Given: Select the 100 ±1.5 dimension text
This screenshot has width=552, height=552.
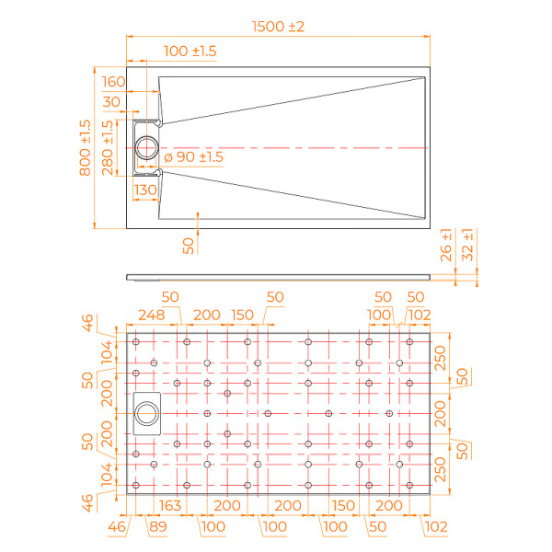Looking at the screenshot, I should click(190, 52).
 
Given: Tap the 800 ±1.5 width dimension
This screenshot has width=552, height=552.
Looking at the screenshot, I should click(85, 147).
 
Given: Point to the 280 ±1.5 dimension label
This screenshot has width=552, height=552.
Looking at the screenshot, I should click(109, 147).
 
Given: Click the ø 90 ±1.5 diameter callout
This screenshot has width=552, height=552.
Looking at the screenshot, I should click(193, 157).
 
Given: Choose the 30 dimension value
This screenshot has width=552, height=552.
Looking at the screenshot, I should click(112, 101).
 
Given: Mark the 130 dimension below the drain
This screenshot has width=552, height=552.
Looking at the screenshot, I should click(145, 190).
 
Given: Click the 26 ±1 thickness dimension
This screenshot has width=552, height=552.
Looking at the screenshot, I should click(447, 245).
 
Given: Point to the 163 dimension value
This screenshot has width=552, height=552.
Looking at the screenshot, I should click(169, 505).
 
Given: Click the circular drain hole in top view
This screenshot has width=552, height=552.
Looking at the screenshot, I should click(147, 147).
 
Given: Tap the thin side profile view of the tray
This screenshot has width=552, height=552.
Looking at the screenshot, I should click(277, 276).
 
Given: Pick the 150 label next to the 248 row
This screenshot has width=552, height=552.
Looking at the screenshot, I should click(242, 315).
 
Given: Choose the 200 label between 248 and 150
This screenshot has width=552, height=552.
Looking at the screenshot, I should click(206, 315).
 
